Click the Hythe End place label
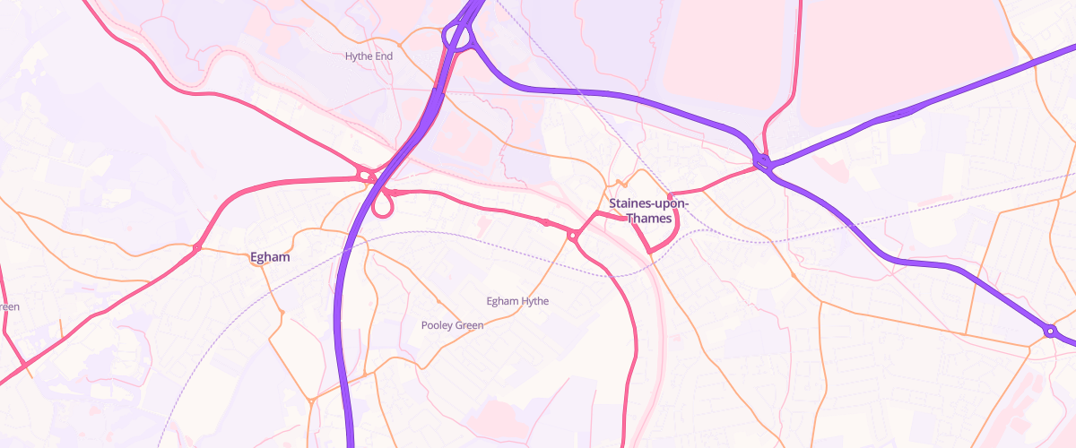[369, 56]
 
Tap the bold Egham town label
[270, 257]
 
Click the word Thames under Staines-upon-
[649, 219]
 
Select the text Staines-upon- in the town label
[649, 203]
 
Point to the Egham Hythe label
[516, 301]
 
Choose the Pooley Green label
[452, 325]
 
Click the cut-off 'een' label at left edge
[9, 306]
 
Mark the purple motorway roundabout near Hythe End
[457, 39]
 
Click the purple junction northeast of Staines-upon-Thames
[763, 162]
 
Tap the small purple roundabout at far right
[1049, 332]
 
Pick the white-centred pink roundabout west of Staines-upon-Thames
[572, 236]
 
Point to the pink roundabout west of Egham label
[197, 247]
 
